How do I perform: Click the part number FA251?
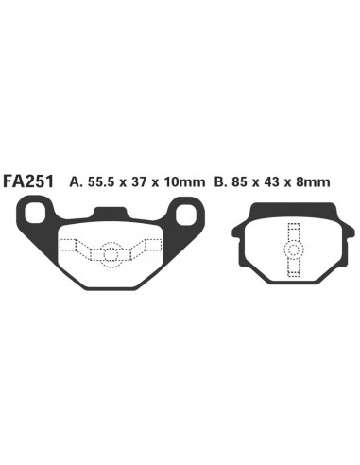coord(28,181)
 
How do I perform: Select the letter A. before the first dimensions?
coord(76,182)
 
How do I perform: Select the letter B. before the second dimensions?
coord(221,182)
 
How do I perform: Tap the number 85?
coord(239,182)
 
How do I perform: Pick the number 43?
coord(270,182)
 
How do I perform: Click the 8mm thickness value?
coord(312,182)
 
